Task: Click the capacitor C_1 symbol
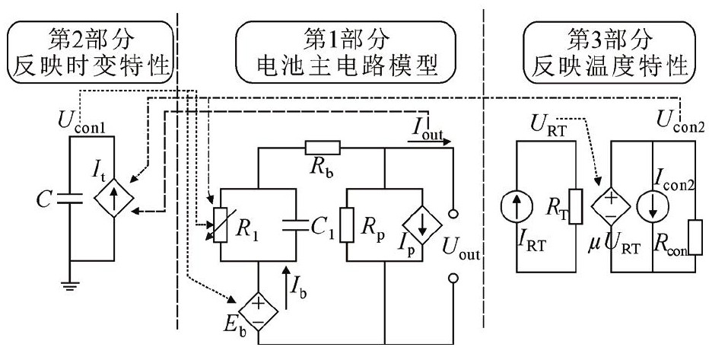(x=292, y=225)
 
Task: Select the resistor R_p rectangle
(x=348, y=225)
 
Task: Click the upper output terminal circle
(x=453, y=215)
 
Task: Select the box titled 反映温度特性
(x=609, y=53)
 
